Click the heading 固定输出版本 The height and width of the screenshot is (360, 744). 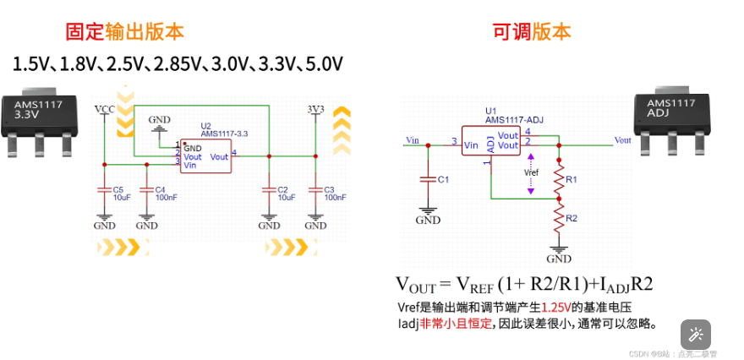pos(125,32)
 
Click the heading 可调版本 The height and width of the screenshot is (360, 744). pos(532,32)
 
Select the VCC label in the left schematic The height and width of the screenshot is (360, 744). pos(105,110)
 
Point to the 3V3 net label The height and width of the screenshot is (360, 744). pos(315,110)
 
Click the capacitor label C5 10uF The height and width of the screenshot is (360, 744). pos(121,193)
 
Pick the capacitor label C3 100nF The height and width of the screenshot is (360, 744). pos(334,193)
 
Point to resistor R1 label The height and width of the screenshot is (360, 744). pos(572,180)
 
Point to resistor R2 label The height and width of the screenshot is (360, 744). pos(572,218)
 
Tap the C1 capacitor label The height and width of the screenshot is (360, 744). pos(444,180)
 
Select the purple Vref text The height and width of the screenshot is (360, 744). pos(531,172)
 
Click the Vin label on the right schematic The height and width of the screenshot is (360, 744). pos(413,139)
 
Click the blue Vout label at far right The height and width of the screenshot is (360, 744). pos(623,140)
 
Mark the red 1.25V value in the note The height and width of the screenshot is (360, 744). pos(556,308)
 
